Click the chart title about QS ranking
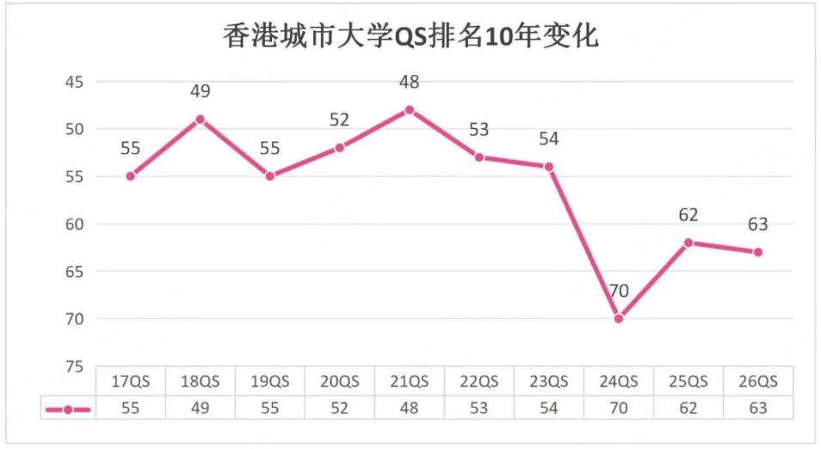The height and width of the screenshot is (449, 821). pyautogui.click(x=410, y=37)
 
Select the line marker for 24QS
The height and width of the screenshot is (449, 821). pyautogui.click(x=618, y=318)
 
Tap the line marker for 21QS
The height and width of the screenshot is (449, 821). pyautogui.click(x=409, y=110)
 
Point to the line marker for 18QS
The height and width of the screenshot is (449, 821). pyautogui.click(x=200, y=120)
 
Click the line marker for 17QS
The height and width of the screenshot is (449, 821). pyautogui.click(x=130, y=176)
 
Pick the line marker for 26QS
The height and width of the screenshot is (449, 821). pyautogui.click(x=757, y=252)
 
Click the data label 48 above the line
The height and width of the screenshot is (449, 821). pyautogui.click(x=409, y=83)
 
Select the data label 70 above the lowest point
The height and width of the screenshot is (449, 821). pyautogui.click(x=618, y=291)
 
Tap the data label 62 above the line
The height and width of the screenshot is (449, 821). pyautogui.click(x=688, y=215)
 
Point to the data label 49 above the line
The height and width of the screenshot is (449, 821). pyautogui.click(x=200, y=92)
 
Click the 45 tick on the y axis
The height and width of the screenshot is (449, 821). pyautogui.click(x=74, y=82)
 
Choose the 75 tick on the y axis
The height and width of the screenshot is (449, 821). pyautogui.click(x=74, y=366)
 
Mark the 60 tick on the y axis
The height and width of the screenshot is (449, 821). pyautogui.click(x=74, y=224)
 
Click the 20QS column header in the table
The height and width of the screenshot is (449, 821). pyautogui.click(x=339, y=382)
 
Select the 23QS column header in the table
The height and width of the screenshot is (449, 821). pyautogui.click(x=548, y=382)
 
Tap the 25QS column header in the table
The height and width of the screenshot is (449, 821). pyautogui.click(x=688, y=382)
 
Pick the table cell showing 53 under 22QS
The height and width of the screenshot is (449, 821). pyautogui.click(x=478, y=408)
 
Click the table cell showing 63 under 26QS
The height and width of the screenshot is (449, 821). pyautogui.click(x=757, y=408)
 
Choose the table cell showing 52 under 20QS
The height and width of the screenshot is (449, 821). pyautogui.click(x=339, y=408)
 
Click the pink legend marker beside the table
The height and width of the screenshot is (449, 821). pyautogui.click(x=68, y=409)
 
